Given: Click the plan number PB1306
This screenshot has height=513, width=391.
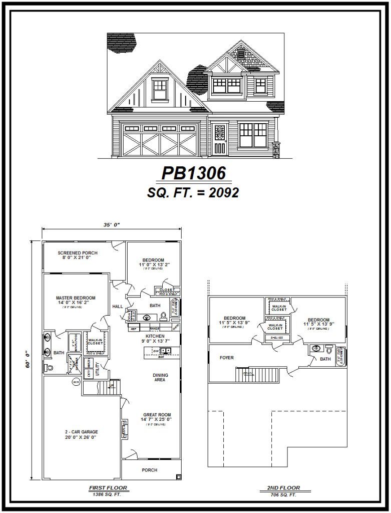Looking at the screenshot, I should click(196, 173).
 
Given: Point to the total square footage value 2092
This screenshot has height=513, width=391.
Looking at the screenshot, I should click(226, 193).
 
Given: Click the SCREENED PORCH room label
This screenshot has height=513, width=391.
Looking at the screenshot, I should click(78, 253).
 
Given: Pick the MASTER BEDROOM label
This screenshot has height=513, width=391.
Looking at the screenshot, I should click(76, 298).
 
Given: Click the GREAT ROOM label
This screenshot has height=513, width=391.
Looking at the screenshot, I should click(157, 415).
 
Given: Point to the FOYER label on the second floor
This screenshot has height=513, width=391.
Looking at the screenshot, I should click(226, 358).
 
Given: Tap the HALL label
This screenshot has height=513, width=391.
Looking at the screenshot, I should click(118, 307).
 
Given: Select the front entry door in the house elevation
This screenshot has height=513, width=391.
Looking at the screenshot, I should click(219, 139).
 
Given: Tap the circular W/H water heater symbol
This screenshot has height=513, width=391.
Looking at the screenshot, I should click(77, 382).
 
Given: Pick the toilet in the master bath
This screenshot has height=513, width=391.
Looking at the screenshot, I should click(49, 367).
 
